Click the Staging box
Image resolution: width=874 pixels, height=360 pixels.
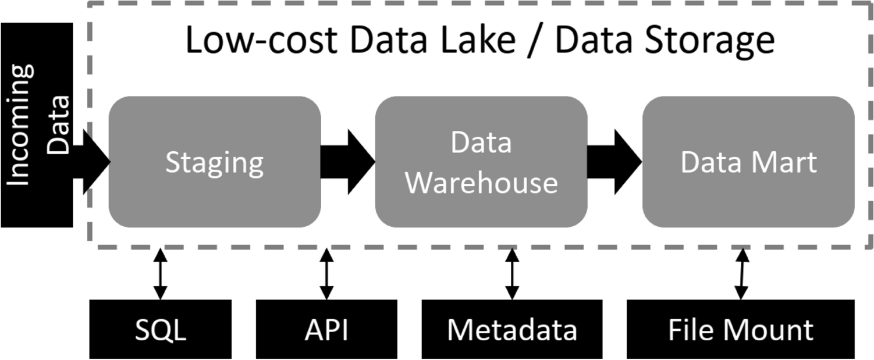215,162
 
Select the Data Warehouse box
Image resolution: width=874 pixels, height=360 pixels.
481,162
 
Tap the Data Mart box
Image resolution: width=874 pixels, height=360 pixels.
748,162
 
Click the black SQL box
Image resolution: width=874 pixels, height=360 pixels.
160,329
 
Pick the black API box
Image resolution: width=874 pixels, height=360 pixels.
326,329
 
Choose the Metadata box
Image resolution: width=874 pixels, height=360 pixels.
512,329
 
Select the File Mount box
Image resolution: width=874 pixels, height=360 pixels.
740,329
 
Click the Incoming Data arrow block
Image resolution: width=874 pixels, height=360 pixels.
36,125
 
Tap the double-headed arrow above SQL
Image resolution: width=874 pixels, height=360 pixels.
160,274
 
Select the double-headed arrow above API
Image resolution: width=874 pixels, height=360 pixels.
326,274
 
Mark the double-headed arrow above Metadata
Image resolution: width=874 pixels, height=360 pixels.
512,274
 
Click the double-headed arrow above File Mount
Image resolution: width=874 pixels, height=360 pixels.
741,274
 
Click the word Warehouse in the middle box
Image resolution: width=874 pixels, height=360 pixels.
481,181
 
